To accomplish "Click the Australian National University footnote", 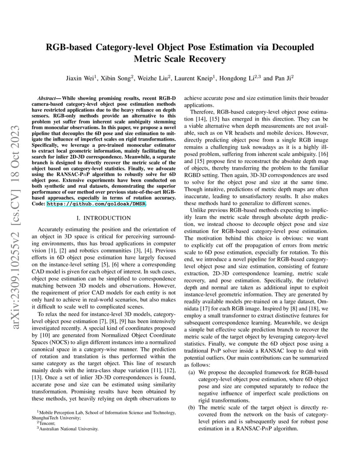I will [69, 429].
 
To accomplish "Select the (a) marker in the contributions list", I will [191, 373].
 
